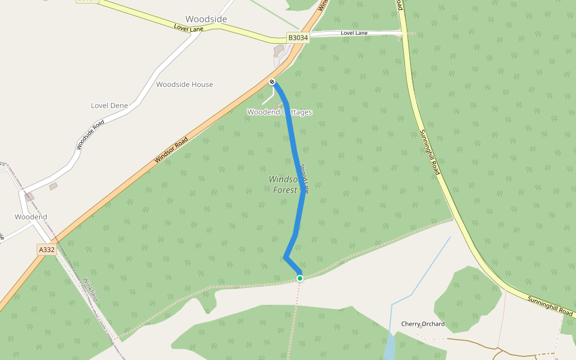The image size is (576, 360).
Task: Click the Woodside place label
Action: (206, 19)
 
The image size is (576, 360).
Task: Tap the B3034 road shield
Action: (298, 37)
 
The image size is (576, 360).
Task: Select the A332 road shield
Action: (46, 250)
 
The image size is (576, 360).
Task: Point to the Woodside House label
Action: (184, 85)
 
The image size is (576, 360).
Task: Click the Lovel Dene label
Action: (109, 106)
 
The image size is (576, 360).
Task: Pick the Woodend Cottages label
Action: (280, 112)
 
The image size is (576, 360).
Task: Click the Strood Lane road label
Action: (305, 178)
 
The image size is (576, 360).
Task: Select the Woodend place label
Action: (31, 217)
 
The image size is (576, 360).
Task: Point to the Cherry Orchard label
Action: (423, 324)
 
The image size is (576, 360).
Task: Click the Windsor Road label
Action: (171, 150)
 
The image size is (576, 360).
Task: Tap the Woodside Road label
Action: (90, 135)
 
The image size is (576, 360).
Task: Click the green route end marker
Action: (300, 278)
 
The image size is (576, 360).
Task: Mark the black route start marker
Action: (272, 82)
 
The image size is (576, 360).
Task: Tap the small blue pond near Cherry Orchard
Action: (389, 347)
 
